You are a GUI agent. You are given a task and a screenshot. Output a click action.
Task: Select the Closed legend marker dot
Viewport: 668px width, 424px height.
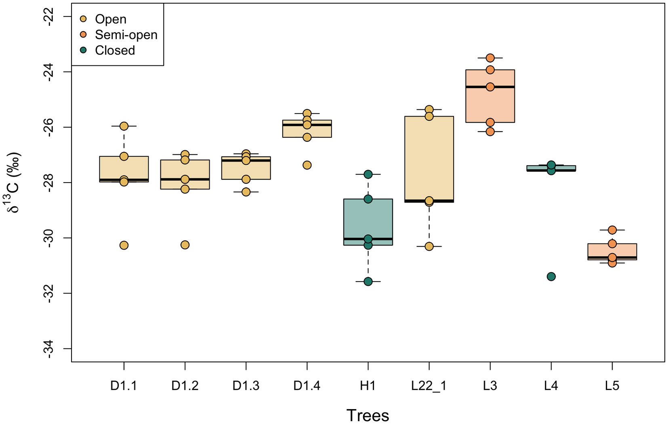click(x=84, y=50)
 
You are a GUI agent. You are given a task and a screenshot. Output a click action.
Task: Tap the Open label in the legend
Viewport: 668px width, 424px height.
click(x=110, y=19)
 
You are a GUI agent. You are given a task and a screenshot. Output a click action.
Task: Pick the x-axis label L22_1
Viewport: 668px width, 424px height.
click(x=429, y=386)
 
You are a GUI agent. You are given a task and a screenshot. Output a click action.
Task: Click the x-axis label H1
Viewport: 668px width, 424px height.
click(x=368, y=386)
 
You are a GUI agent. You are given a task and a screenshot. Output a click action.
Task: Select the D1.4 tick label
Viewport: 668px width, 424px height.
click(x=307, y=386)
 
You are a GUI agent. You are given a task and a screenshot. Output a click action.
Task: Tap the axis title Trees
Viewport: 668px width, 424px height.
click(x=368, y=415)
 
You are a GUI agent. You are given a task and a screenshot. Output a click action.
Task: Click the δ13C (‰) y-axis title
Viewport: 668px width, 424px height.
click(x=15, y=183)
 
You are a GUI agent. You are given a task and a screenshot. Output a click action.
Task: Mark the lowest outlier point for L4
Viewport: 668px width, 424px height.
click(x=551, y=277)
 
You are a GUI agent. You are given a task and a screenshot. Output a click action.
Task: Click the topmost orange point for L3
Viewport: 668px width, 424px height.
click(x=490, y=58)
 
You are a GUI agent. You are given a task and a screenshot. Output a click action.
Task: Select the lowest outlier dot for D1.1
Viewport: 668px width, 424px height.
click(x=124, y=245)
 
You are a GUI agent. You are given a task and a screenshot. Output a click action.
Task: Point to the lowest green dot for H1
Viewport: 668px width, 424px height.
click(x=368, y=281)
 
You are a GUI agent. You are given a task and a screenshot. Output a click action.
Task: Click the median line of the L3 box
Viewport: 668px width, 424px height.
click(x=490, y=87)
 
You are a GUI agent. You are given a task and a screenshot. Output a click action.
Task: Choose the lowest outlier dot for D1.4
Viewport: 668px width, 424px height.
click(x=307, y=165)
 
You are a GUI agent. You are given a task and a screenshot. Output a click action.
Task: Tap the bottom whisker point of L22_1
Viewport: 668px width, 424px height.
click(x=429, y=246)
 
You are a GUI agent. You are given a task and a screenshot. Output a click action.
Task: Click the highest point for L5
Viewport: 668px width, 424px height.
click(x=612, y=230)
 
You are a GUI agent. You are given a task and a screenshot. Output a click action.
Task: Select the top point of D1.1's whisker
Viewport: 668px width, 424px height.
click(x=124, y=126)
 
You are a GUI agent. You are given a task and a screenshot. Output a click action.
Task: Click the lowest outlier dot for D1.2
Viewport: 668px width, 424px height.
click(x=185, y=245)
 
